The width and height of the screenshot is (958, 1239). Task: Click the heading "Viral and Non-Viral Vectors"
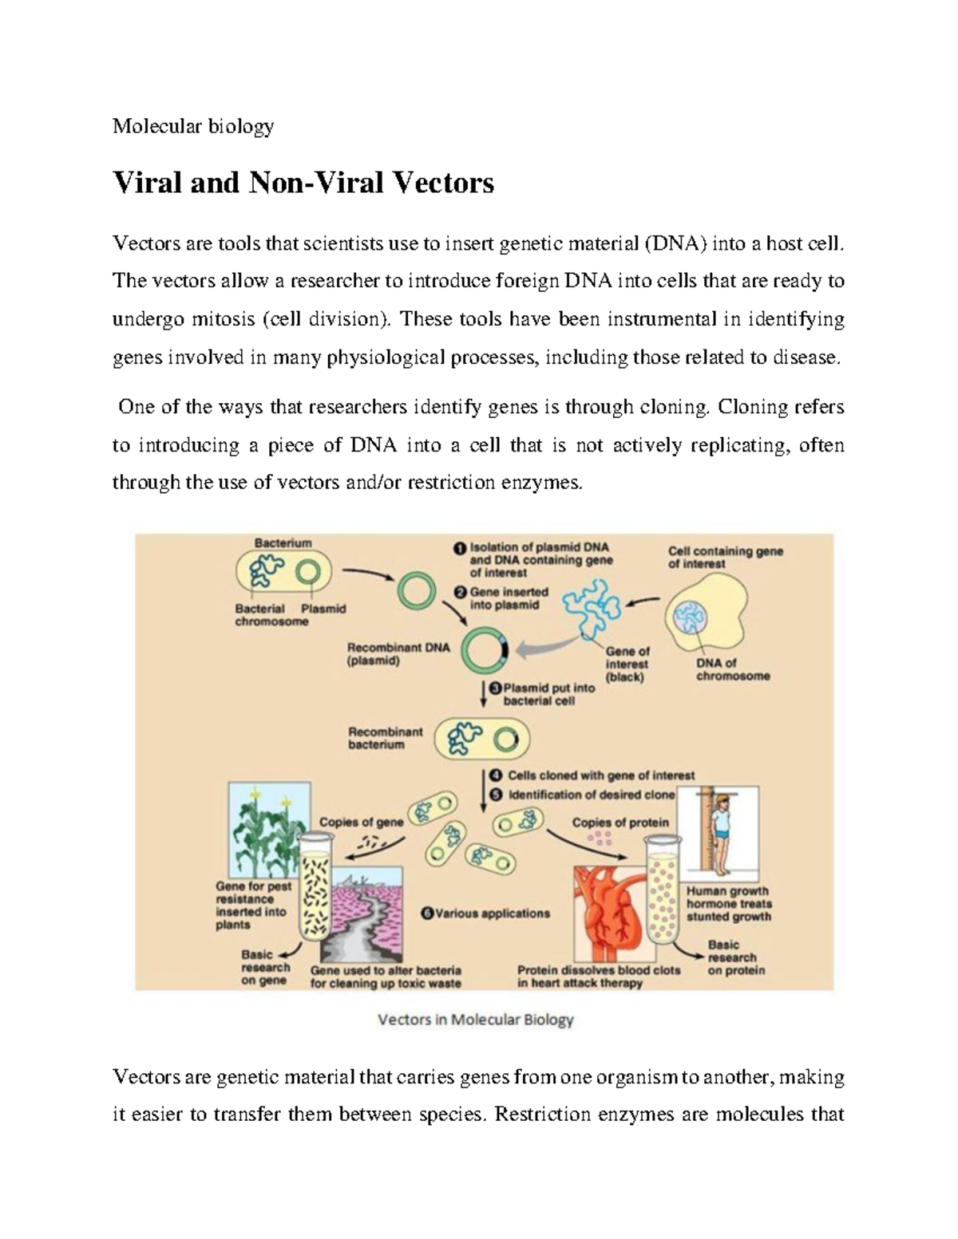click(303, 183)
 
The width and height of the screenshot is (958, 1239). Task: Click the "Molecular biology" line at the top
click(193, 126)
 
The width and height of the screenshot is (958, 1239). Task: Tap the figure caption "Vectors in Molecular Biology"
click(475, 1020)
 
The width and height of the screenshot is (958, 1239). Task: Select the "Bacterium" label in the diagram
click(283, 543)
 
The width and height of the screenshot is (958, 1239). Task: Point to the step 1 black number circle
click(460, 548)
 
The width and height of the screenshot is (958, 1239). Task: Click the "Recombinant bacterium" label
click(386, 738)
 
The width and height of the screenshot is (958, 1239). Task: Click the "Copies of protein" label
click(620, 823)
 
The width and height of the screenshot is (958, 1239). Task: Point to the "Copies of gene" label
click(361, 823)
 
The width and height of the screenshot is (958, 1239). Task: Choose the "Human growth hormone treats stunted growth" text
click(729, 904)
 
